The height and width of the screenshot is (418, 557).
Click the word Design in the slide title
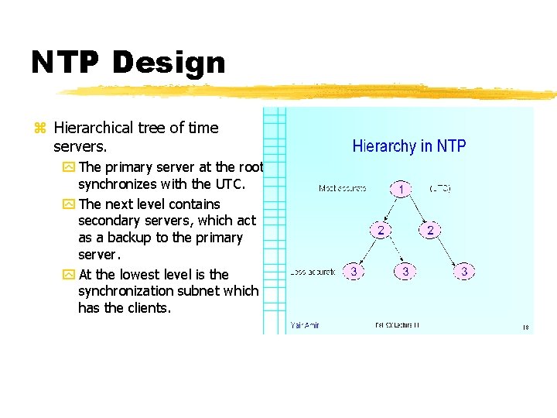[171, 63]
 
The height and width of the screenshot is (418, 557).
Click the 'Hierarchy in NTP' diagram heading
[409, 146]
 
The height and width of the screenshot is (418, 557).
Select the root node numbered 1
[401, 188]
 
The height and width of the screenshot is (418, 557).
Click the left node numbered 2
[380, 230]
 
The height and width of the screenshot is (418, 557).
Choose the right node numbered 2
[431, 230]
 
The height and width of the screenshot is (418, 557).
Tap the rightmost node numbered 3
[464, 272]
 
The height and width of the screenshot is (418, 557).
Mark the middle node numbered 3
[405, 272]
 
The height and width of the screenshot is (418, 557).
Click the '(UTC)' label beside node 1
[439, 188]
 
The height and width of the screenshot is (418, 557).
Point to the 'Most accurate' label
[342, 188]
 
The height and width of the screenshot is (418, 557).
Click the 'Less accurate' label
[313, 272]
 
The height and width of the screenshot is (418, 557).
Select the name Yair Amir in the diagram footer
[306, 325]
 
